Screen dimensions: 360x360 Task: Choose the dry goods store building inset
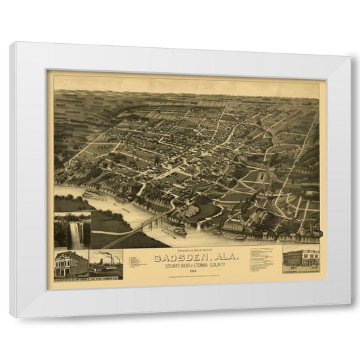coord(70,263)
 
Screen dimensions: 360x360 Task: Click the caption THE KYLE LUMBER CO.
coord(106,278)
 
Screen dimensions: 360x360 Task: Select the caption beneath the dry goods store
coord(71,278)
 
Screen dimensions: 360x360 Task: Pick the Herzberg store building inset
coord(302,259)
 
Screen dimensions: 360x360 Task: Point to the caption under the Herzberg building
coord(302,272)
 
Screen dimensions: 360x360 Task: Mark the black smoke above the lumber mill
coord(111,255)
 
